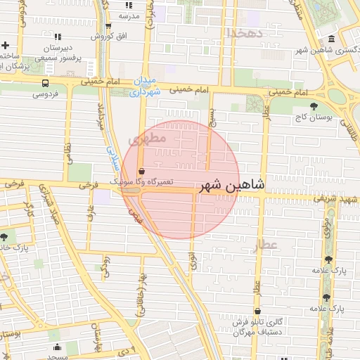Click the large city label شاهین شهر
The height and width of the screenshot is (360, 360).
coord(233,186)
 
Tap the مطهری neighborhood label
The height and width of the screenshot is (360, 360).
coord(147,139)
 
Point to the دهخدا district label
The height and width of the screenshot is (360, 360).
coord(245,33)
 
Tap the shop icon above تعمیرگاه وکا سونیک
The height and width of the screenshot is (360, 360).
coord(142,171)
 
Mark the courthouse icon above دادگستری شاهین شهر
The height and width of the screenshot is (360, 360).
coord(331,39)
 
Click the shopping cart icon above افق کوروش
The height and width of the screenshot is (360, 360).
coord(109,25)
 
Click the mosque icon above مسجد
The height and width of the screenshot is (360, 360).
coord(57,347)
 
